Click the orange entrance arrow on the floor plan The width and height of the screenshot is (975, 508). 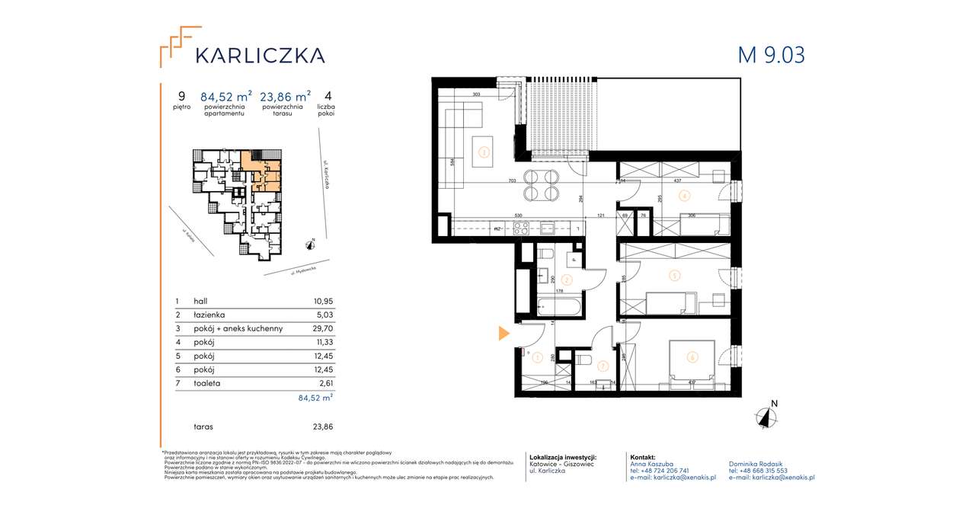(x=504, y=333)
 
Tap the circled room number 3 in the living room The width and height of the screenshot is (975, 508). (x=482, y=151)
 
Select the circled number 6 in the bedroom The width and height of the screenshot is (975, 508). (x=691, y=355)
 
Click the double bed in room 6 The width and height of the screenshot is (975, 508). (x=692, y=360)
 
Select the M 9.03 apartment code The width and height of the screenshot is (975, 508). (x=771, y=55)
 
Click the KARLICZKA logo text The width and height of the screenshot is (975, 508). (x=260, y=55)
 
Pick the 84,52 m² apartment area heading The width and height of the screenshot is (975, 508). (x=225, y=97)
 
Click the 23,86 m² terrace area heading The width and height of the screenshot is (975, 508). (x=285, y=97)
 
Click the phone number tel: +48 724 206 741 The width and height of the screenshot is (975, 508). (x=660, y=471)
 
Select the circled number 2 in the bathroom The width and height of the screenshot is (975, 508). (x=565, y=280)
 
